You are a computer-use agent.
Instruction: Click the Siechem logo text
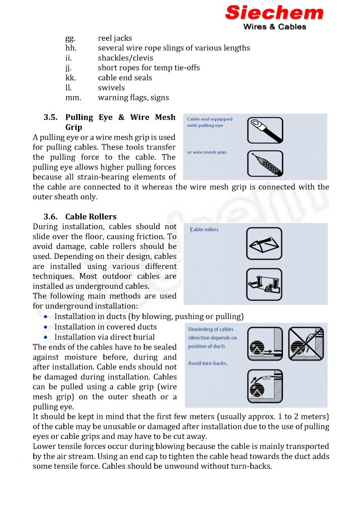coord(274,12)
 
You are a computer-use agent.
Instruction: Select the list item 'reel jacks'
coord(115,38)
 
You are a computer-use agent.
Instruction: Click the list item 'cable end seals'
coord(125,78)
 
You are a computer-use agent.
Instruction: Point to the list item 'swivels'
coord(111,88)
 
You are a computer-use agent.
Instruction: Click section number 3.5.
coord(51,117)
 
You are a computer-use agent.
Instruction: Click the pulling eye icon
coord(265,130)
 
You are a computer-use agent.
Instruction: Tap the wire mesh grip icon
coord(265,164)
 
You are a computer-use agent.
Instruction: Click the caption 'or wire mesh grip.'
coord(207,152)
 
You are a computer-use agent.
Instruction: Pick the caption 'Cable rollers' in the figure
coord(204,230)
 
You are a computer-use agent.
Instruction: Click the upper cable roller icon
coord(264,244)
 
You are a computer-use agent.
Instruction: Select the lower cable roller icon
coord(264,284)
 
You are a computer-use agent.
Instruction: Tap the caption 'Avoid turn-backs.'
coord(207,363)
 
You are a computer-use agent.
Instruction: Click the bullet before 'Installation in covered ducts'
coord(46,327)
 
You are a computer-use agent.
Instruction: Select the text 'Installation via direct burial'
coord(104,337)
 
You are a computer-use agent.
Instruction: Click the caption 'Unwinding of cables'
coord(210,329)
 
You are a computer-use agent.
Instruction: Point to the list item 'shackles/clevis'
coord(125,58)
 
